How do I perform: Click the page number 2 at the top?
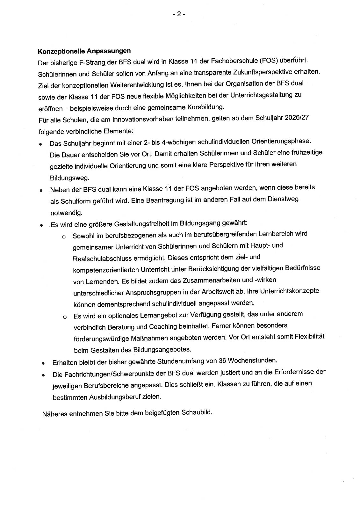tap(179, 14)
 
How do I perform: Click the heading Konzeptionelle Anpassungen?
tap(84, 51)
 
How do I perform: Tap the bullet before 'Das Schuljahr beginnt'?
tap(41, 144)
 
